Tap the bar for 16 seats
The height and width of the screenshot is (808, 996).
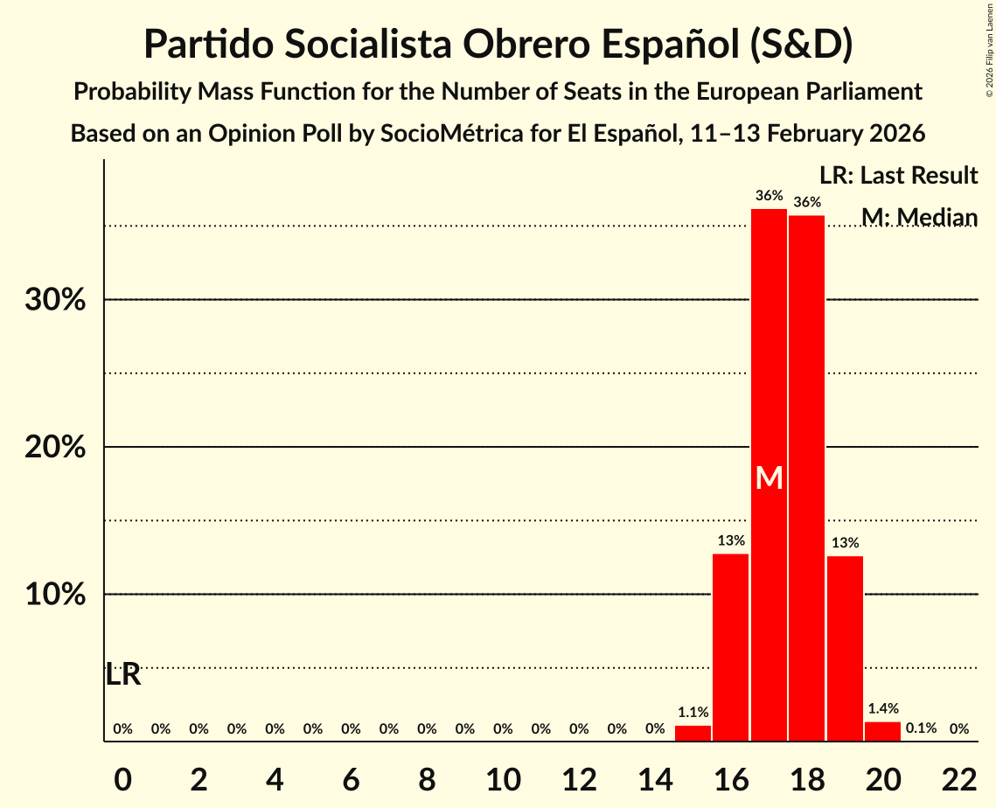point(730,647)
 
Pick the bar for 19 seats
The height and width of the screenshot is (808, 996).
point(845,648)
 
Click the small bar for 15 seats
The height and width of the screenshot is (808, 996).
point(693,734)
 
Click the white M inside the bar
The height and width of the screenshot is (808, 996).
point(769,477)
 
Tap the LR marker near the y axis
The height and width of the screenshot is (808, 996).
point(122,675)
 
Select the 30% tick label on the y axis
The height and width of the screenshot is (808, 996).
point(54,300)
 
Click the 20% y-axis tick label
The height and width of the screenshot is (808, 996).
point(54,448)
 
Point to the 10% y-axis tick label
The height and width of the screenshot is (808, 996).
point(54,595)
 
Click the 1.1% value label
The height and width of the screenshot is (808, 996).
point(693,713)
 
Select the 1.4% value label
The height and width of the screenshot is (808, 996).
point(882,709)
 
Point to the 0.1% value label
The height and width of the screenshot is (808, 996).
point(921,728)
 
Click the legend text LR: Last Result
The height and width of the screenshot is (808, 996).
point(898,176)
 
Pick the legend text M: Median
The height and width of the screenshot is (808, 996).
point(919,217)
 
